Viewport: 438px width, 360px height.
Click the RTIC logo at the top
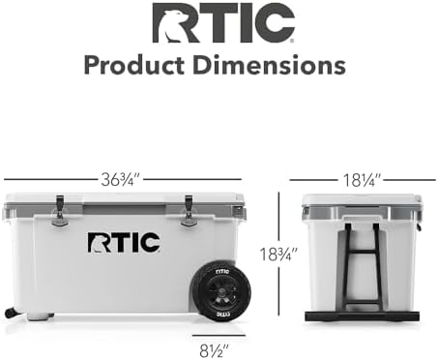click(222, 23)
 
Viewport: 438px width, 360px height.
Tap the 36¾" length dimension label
click(123, 179)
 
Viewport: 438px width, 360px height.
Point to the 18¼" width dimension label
click(362, 179)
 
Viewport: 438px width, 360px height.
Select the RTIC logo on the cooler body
click(123, 242)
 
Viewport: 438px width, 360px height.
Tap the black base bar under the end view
click(362, 315)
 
